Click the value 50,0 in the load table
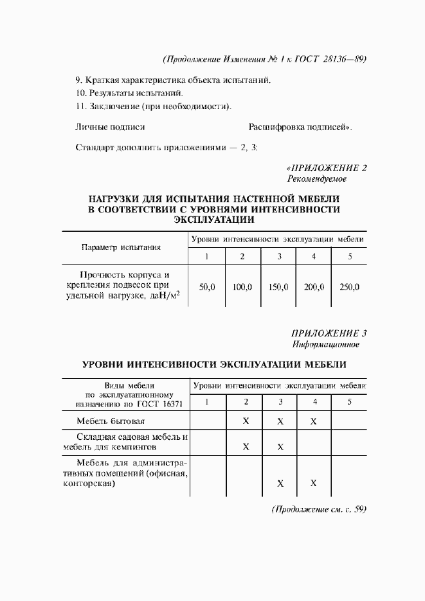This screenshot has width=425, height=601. tap(207, 287)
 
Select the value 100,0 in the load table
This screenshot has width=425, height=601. tap(242, 287)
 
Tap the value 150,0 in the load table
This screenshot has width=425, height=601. tap(278, 287)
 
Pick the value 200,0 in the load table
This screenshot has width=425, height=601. tap(314, 287)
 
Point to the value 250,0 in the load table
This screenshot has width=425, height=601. tap(349, 287)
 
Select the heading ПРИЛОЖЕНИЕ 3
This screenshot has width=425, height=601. tap(329, 333)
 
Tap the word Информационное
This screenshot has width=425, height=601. tap(325, 344)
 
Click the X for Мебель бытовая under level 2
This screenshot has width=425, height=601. tap(246, 422)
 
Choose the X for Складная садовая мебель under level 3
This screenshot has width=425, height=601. tap(280, 447)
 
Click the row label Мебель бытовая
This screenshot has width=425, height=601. tap(111, 422)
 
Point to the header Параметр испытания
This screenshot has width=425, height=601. tap(122, 247)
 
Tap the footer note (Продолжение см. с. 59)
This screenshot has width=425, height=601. tap(319, 509)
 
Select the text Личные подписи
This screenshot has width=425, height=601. tap(110, 127)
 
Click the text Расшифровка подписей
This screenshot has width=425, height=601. tap(300, 127)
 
